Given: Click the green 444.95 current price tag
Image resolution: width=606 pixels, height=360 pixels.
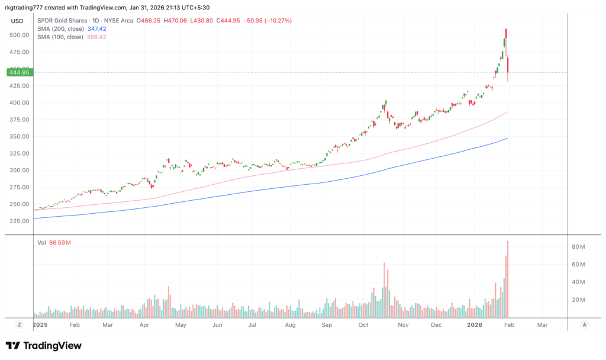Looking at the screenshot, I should pos(18,72).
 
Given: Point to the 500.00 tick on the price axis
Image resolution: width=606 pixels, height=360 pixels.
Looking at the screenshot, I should pos(20,35).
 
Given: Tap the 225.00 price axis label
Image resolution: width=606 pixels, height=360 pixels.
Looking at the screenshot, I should pos(20,221).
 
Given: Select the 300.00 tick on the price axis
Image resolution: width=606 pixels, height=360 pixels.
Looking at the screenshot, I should pos(20,170).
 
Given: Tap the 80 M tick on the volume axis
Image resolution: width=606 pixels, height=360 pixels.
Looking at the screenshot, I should pos(578,247).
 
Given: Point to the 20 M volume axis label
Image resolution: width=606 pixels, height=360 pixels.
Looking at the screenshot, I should pos(578,300).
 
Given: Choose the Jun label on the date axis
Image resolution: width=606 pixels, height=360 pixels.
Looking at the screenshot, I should pos(217,325).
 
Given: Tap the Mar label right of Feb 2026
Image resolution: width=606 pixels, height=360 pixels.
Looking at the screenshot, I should pos(542,325).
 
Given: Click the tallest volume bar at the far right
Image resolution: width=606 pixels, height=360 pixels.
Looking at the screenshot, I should pos(508,279).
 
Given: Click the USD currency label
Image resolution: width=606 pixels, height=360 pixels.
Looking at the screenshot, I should pos(17,21).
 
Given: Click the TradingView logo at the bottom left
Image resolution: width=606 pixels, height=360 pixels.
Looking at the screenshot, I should pos(44,346).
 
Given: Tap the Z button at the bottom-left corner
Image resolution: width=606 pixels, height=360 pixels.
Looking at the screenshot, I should pos(19,325).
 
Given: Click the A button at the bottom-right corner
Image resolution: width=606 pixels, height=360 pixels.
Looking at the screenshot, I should pos(585,325).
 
